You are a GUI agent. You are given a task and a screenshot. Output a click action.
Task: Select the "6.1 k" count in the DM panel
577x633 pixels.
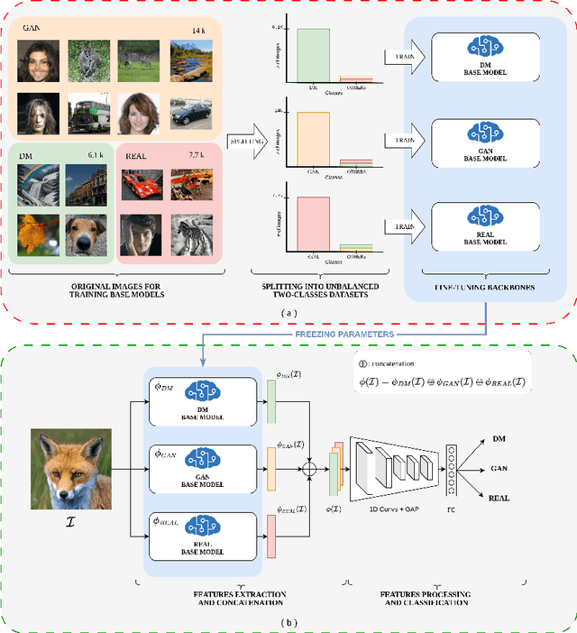[96, 155]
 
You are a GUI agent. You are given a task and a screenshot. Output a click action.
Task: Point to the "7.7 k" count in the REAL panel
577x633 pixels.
[197, 155]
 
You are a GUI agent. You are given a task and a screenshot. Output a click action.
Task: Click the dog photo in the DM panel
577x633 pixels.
[86, 234]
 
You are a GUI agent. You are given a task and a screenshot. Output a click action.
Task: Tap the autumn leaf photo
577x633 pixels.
[36, 234]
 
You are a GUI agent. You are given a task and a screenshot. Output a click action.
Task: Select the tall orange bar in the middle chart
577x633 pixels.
[312, 138]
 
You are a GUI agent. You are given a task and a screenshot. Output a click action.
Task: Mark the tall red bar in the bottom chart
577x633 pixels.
[312, 220]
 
